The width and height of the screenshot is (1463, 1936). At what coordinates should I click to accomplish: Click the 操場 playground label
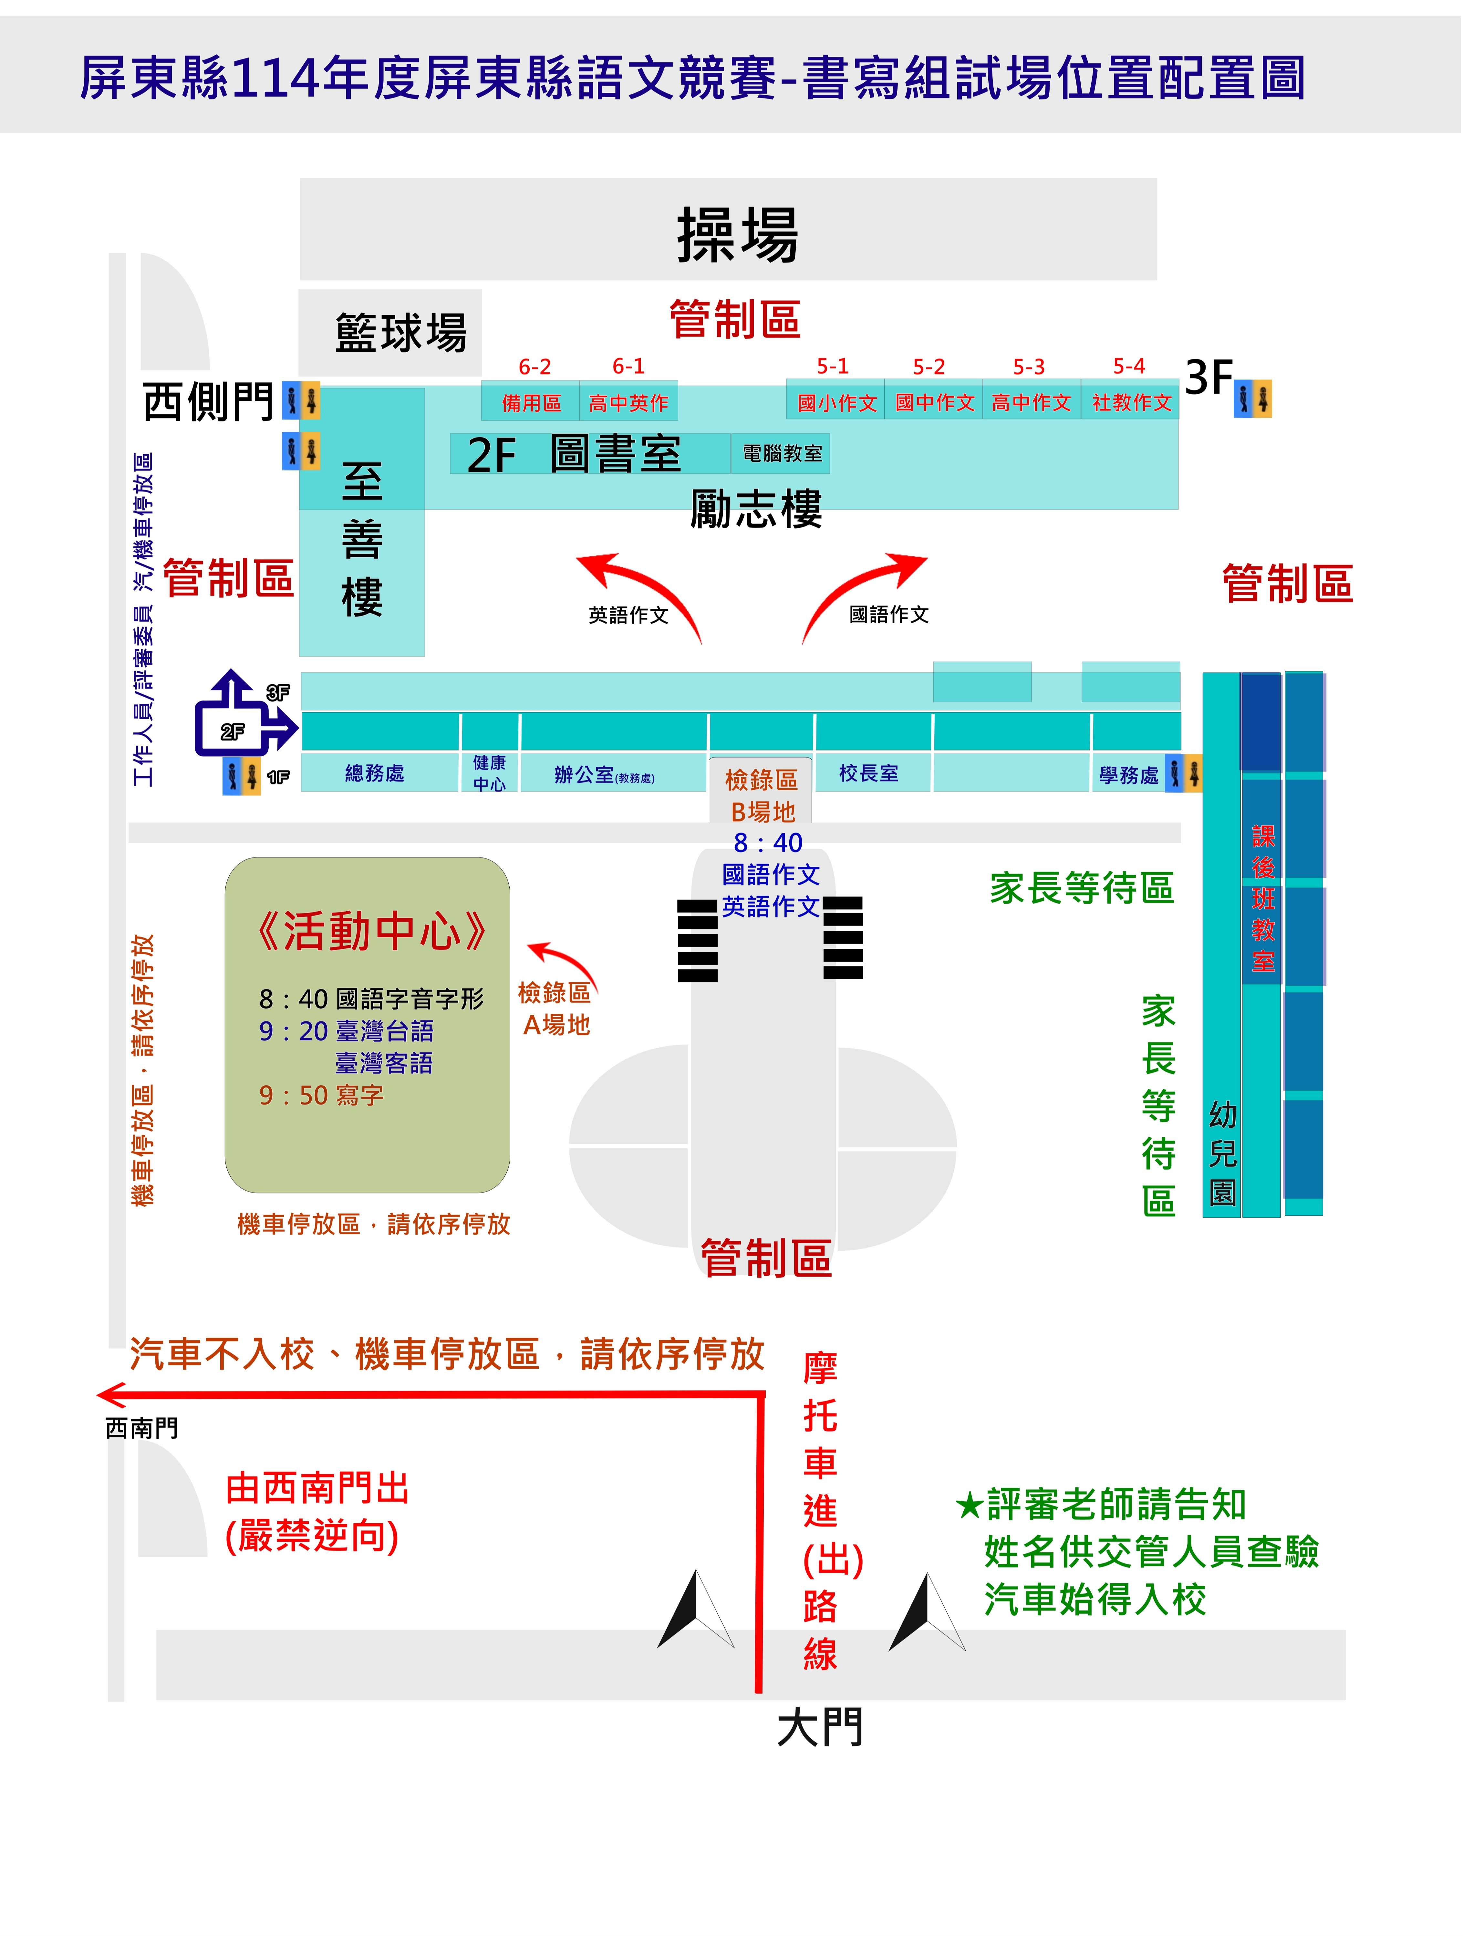(x=737, y=234)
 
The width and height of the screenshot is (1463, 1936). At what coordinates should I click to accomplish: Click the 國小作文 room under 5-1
(x=836, y=403)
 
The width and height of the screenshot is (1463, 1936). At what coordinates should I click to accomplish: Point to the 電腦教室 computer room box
(x=781, y=453)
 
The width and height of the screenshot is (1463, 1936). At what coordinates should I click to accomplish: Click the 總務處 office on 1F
(x=375, y=773)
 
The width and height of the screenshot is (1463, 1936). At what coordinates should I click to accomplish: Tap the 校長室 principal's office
(x=868, y=773)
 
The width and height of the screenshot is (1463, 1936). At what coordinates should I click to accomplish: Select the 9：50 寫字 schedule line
(x=321, y=1095)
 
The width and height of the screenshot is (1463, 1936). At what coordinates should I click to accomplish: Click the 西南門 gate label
(x=142, y=1428)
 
